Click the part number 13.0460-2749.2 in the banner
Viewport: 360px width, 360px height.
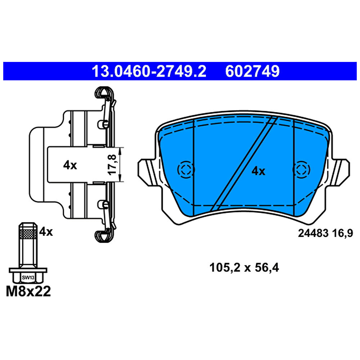[149, 71]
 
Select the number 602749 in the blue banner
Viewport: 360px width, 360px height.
[252, 71]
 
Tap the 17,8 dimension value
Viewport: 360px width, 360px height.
[112, 165]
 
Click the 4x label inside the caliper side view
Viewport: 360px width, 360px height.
[70, 165]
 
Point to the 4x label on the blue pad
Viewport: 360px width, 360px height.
[258, 171]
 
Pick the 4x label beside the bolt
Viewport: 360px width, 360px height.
[46, 232]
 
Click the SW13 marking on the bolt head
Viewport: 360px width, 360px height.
[28, 278]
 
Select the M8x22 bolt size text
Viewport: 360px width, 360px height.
[28, 291]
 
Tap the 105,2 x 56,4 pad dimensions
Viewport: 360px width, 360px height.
[244, 268]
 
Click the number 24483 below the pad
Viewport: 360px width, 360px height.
[313, 233]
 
